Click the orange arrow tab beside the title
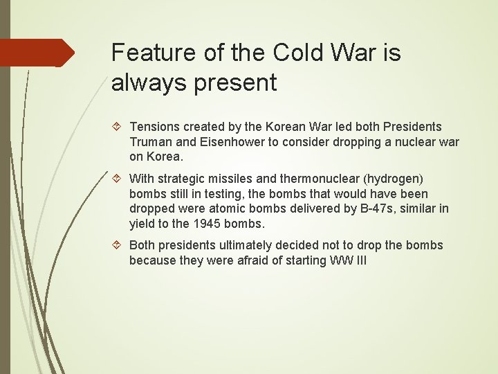pyautogui.click(x=37, y=53)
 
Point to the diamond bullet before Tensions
pyautogui.click(x=116, y=127)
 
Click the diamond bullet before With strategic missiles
pyautogui.click(x=116, y=179)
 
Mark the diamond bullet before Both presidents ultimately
pyautogui.click(x=116, y=245)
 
